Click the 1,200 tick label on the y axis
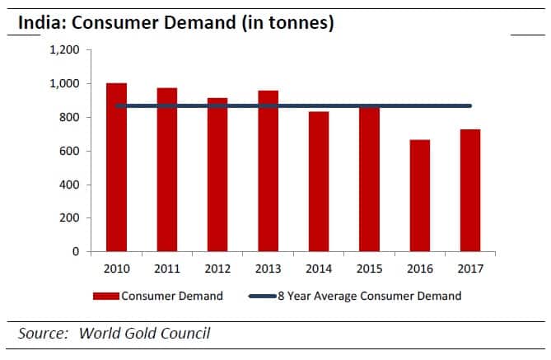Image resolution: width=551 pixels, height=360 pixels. [63, 50]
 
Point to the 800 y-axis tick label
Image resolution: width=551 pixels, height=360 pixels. [68, 118]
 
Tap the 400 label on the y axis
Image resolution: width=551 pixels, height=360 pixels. [68, 185]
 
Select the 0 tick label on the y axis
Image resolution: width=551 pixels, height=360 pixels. [75, 251]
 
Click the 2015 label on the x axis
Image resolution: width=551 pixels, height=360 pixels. [369, 269]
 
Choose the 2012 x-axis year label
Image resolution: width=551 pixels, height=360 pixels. [217, 269]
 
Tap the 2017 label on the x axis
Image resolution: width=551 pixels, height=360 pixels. [469, 269]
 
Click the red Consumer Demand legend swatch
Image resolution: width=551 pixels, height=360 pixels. [106, 296]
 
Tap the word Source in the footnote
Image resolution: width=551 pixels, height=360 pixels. [43, 334]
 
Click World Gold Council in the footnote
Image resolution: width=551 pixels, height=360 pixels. [144, 334]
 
